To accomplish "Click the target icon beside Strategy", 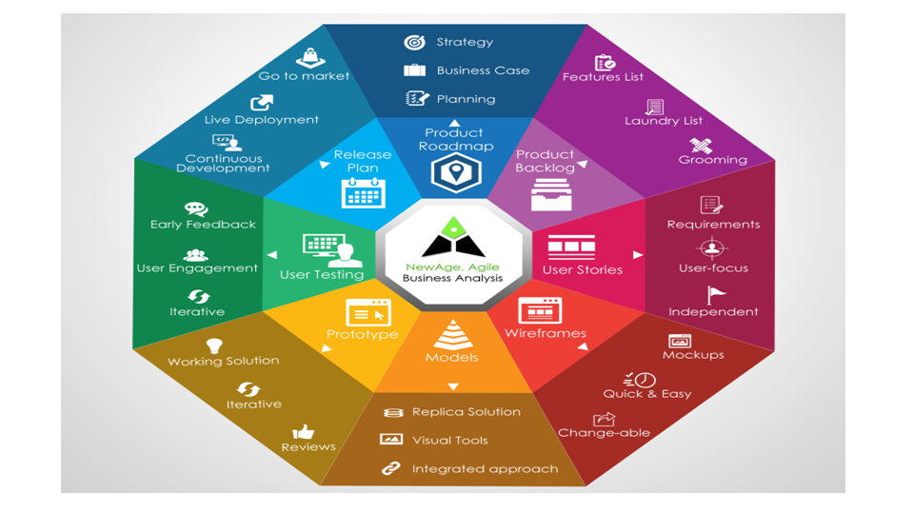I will click(x=414, y=42).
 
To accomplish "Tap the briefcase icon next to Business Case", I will click(x=414, y=70).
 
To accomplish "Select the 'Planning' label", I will click(x=466, y=99).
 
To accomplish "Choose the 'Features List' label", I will click(x=603, y=77).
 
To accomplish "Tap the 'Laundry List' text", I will click(x=664, y=121).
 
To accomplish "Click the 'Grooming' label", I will click(x=712, y=160).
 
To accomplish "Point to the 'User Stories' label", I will click(x=582, y=270).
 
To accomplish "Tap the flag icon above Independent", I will click(x=716, y=295).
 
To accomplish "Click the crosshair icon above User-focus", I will click(x=712, y=248).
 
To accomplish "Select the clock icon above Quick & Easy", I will click(x=646, y=378).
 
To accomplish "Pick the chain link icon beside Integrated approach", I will click(x=390, y=468).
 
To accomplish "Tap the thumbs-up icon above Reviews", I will click(x=304, y=432).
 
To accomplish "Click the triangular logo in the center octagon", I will click(x=452, y=238).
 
